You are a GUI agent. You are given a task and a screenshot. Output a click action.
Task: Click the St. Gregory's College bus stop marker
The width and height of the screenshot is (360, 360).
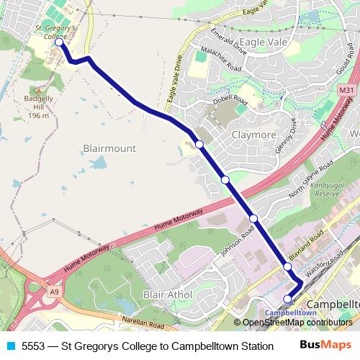click(59, 42)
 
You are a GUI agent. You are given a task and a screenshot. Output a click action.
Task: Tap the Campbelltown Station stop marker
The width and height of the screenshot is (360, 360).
click(287, 299)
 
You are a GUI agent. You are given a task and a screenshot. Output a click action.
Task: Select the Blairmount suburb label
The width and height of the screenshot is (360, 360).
click(109, 148)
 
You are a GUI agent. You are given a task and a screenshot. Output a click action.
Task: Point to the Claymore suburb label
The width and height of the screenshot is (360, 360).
click(254, 134)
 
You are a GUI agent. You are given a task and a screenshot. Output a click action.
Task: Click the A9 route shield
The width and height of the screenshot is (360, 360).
click(53, 292)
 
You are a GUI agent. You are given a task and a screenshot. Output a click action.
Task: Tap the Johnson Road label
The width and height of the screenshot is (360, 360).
click(239, 246)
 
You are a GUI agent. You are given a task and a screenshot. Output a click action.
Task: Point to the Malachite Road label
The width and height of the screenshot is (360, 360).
click(220, 59)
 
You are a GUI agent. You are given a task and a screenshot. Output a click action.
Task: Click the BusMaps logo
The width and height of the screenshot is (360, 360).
click(326, 345)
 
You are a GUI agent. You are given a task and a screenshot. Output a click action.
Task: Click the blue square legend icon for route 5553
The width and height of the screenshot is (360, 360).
click(10, 346)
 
